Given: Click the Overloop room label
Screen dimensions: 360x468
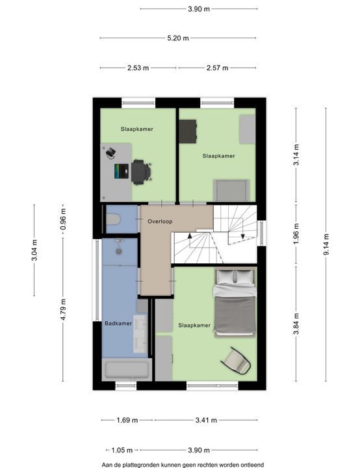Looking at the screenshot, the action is [160, 222].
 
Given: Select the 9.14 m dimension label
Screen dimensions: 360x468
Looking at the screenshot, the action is [326, 244].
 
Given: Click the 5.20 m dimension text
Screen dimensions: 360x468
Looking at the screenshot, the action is [178, 38].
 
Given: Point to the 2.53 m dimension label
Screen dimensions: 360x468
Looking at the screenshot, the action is [138, 68].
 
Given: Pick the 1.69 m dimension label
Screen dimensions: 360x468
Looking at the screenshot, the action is [127, 421].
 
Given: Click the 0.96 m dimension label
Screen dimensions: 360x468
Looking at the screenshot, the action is [63, 220].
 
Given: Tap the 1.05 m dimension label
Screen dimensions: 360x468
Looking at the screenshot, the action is [122, 450].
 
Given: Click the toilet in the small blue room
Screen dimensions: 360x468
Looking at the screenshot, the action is [113, 220].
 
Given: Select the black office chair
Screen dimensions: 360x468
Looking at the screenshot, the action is [140, 172].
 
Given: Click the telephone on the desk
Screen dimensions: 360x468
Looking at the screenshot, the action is [110, 152].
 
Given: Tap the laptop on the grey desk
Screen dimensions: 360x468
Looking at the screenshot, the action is [122, 171].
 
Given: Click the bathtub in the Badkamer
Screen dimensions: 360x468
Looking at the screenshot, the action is [127, 370].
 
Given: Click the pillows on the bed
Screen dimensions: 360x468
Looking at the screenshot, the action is [235, 277].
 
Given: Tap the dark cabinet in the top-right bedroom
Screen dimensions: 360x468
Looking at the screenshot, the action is [188, 131].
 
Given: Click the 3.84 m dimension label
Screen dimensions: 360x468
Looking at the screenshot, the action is [296, 324].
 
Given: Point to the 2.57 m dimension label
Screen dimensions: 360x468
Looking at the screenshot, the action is [217, 68].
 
